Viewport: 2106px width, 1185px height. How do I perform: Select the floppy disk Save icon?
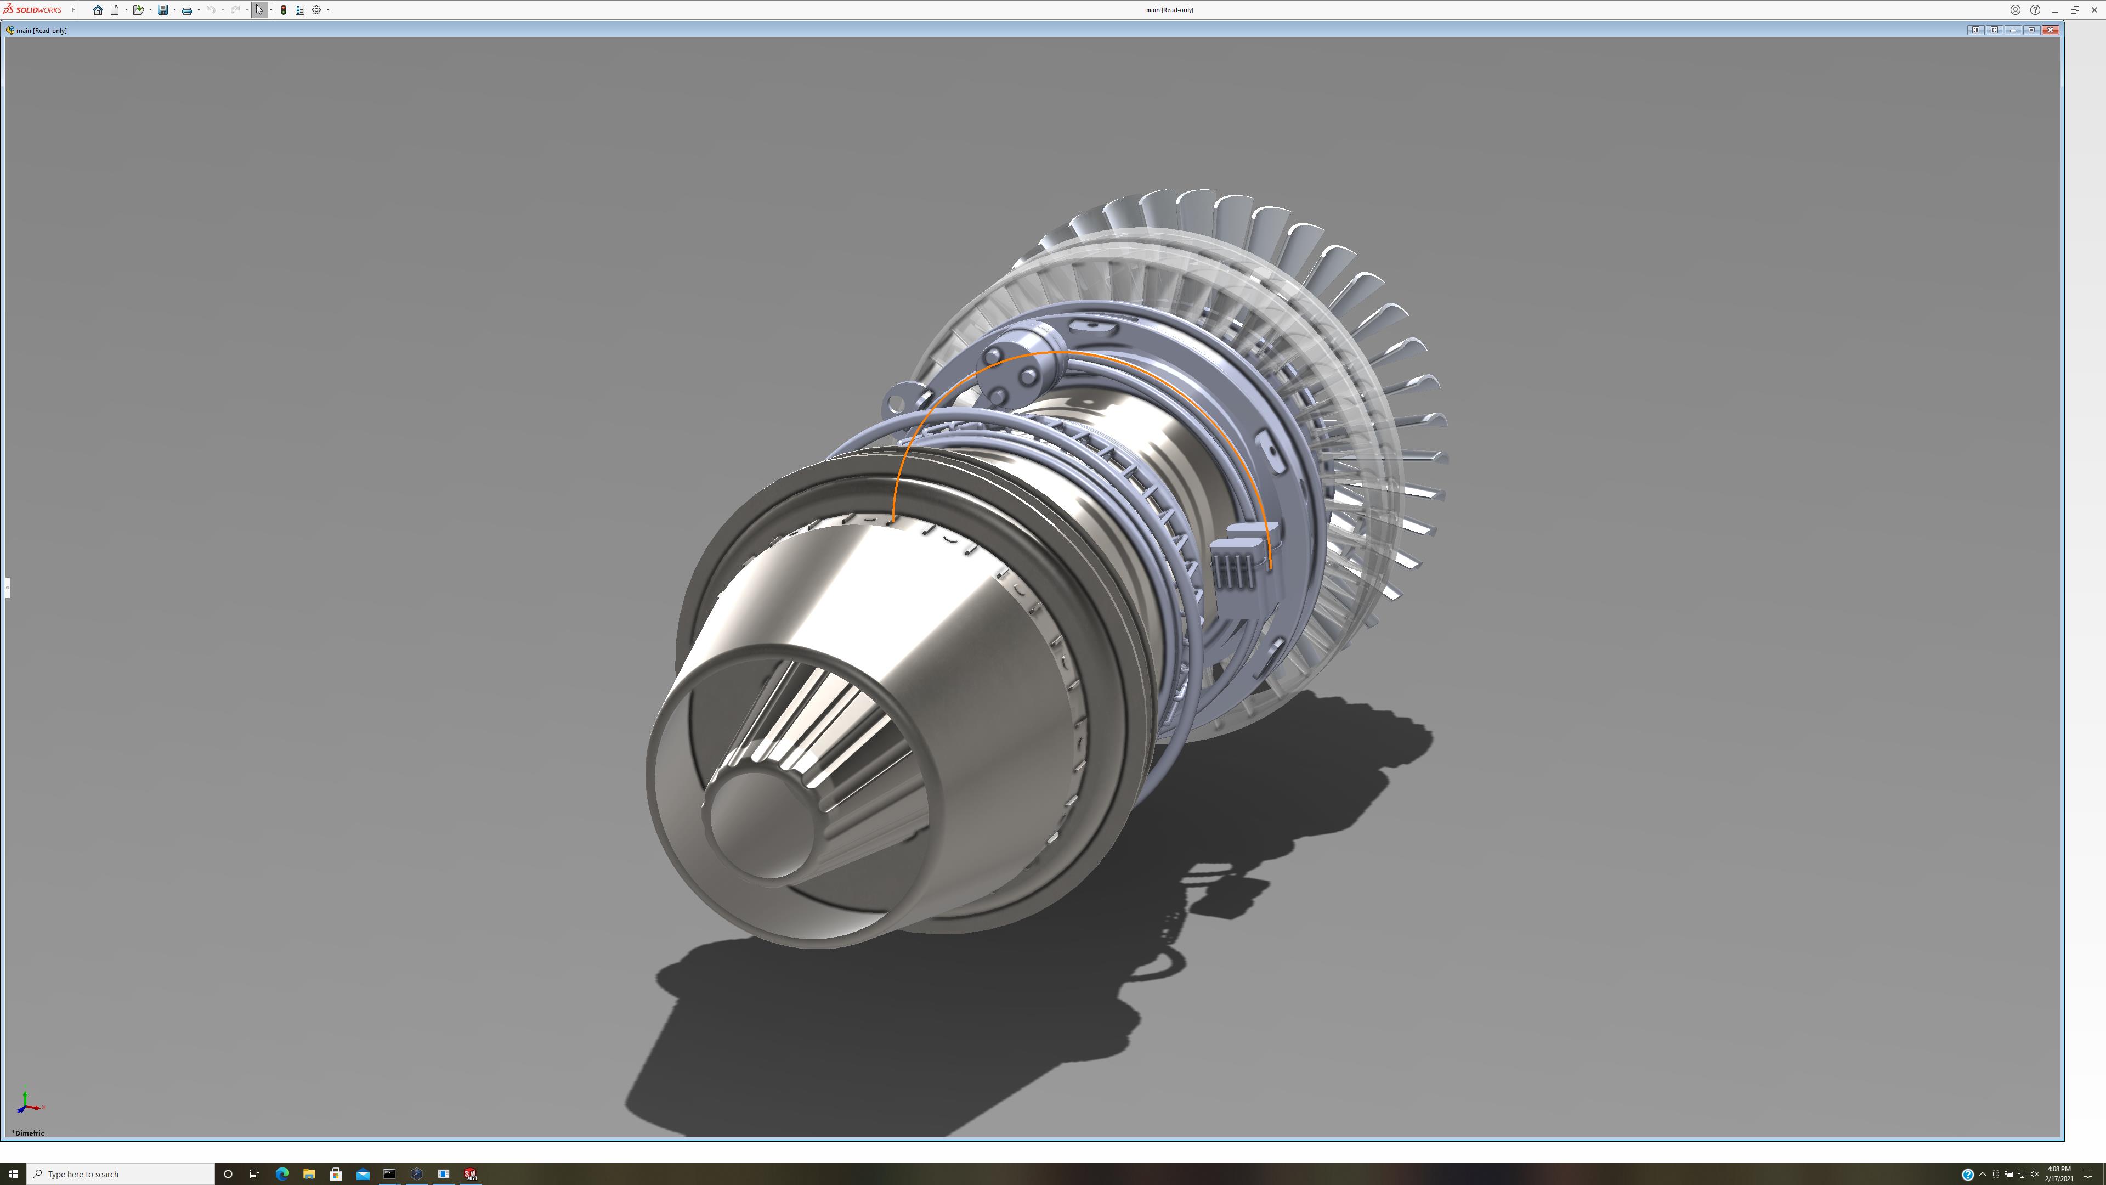163,10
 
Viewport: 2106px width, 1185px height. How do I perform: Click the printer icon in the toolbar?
186,10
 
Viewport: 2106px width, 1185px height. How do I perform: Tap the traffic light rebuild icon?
284,10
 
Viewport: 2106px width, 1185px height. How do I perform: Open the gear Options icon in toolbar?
316,10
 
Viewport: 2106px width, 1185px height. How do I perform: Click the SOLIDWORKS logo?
33,10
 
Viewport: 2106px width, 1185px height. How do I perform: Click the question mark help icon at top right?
2035,10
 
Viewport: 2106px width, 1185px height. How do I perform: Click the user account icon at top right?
2016,10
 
